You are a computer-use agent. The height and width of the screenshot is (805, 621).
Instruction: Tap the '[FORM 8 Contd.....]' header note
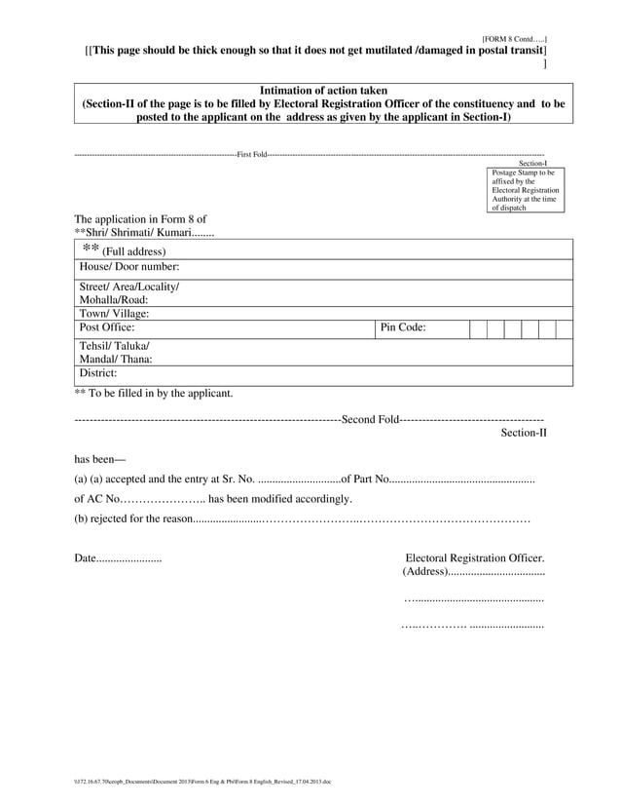point(514,38)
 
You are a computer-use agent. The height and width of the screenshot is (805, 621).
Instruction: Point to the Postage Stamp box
point(527,190)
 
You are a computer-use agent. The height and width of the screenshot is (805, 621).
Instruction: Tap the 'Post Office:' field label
point(107,328)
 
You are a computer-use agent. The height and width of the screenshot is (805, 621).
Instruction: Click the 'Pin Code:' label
point(403,328)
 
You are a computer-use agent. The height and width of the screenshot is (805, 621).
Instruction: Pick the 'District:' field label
point(98,372)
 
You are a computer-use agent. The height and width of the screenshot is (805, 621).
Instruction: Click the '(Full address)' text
point(133,251)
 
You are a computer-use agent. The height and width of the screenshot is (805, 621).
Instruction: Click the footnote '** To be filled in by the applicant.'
point(154,394)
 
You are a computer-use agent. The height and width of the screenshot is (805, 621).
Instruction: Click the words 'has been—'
point(100,459)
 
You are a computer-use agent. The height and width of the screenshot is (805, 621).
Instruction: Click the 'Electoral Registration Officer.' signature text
point(474,558)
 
